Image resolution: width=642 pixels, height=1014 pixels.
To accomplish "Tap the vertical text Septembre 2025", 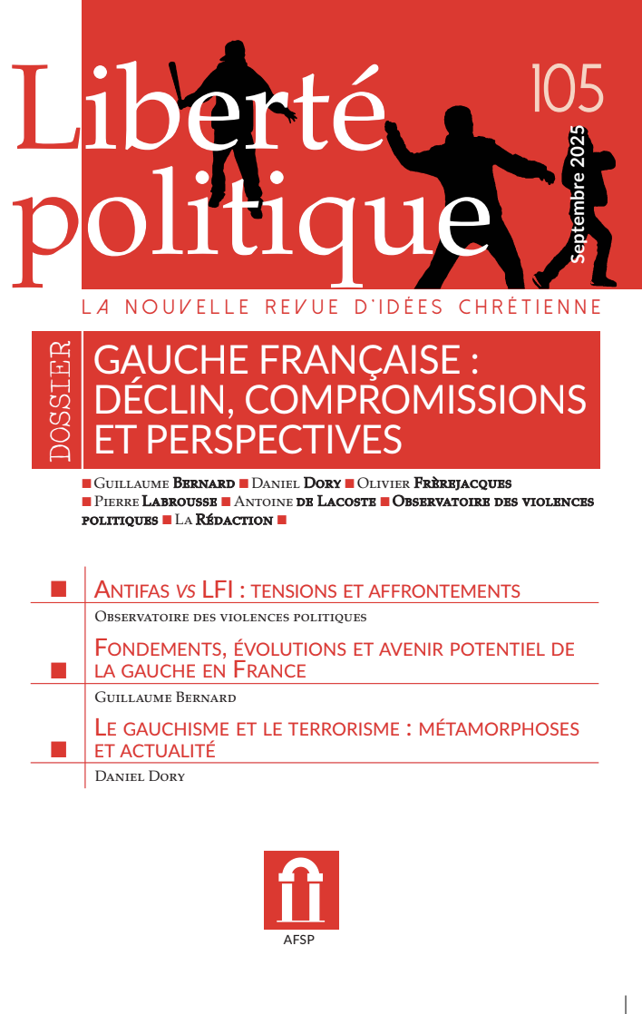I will [x=578, y=194].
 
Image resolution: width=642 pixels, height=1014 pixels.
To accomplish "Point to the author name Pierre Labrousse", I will [x=151, y=502].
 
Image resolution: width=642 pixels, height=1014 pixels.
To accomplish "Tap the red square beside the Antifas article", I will [x=60, y=590].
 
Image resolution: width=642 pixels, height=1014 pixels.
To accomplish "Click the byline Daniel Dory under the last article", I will [x=140, y=776].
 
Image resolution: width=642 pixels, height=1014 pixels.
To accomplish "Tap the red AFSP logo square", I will [x=301, y=890].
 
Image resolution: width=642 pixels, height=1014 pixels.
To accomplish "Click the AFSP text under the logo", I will [x=301, y=940].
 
